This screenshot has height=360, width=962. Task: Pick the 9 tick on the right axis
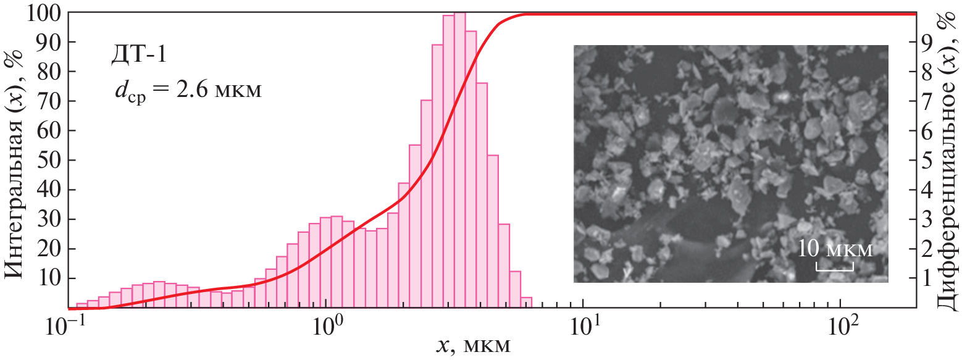tap(925, 43)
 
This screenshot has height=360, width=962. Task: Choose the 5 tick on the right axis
tap(925, 161)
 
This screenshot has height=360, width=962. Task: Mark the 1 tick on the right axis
tap(925, 279)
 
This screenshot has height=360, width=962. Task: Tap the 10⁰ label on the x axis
tap(326, 325)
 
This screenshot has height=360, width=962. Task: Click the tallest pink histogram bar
tap(459, 161)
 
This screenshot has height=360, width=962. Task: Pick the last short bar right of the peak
tap(526, 302)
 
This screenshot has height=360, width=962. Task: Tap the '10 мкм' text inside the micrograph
tap(835, 250)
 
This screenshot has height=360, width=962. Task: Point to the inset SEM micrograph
tap(730, 164)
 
